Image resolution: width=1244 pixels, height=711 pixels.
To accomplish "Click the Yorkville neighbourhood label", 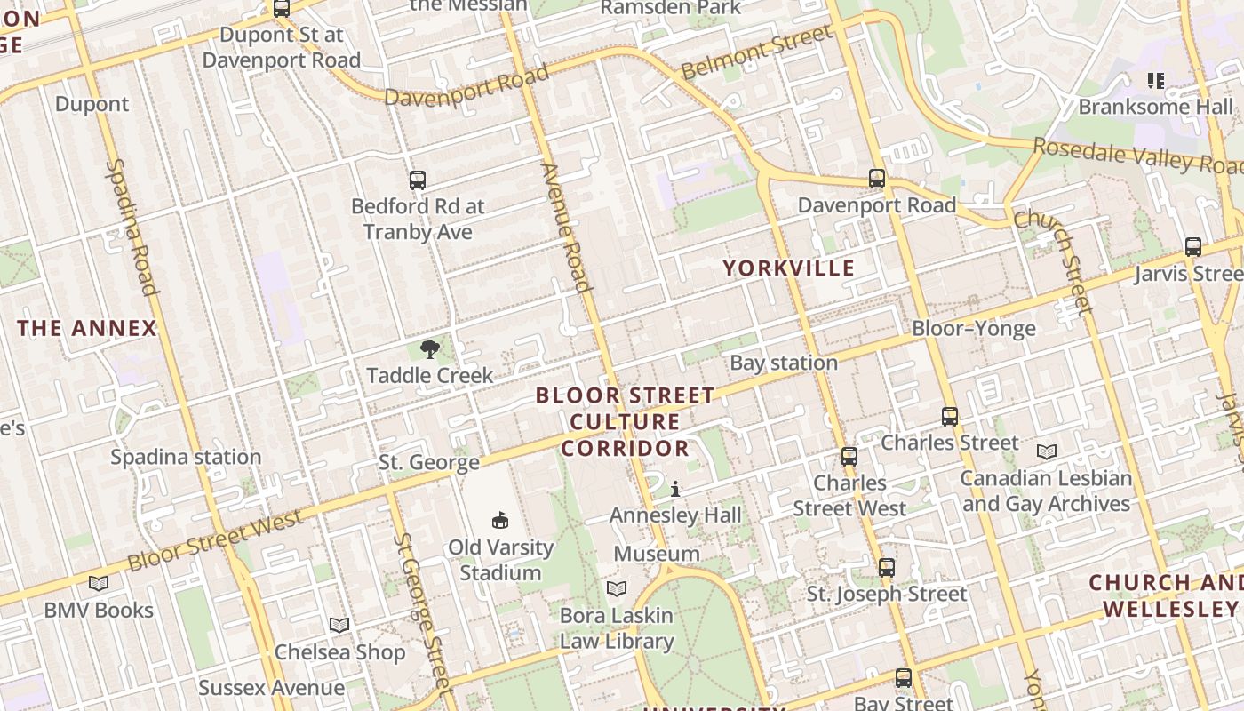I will pos(788,268).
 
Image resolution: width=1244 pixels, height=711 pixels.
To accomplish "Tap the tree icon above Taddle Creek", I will pos(430,348).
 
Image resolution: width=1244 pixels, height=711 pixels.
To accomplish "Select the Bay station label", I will pos(783,363).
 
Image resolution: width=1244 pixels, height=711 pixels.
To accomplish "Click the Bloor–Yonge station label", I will pos(974,329).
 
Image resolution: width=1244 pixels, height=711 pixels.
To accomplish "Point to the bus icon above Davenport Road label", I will pos(877,179).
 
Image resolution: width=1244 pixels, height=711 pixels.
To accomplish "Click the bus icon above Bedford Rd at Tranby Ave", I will pos(418,180).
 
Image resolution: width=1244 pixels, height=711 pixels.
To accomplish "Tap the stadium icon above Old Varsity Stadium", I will pos(500,520).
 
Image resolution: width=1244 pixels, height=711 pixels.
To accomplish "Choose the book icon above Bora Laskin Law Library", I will pos(616,588).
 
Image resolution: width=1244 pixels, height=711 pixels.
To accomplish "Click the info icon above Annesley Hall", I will pos(675,489).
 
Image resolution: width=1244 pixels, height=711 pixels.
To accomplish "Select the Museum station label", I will pos(657,554).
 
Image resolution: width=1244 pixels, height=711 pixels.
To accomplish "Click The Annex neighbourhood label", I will pos(87,328).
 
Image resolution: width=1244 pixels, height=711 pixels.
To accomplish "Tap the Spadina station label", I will pos(186,457).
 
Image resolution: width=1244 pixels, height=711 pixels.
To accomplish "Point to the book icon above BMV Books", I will pos(99,584).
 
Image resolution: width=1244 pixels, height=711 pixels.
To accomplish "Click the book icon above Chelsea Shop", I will pos(339,625).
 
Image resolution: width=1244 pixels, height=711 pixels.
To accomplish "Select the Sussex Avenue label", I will pos(271,688).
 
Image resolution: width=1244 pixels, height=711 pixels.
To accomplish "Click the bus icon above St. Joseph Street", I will pos(886,568).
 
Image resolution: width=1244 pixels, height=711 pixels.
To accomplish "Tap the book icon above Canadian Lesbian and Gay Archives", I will pos(1047,452).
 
